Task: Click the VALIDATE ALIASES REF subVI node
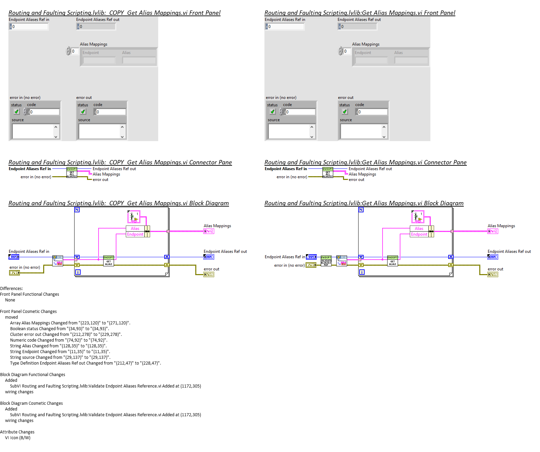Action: (x=326, y=261)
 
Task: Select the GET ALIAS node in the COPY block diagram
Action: (x=108, y=261)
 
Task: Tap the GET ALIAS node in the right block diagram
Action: (x=392, y=261)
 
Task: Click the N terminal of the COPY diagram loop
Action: (x=77, y=210)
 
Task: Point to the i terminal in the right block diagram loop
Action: (x=362, y=272)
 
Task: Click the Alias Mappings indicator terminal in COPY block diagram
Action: (x=209, y=231)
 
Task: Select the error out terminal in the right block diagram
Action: (x=493, y=274)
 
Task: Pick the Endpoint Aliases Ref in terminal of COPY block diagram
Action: (x=14, y=257)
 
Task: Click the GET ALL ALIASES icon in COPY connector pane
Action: (x=72, y=172)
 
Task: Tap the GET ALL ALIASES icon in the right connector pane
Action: (x=328, y=172)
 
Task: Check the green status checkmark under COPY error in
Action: (x=17, y=111)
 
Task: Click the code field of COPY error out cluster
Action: (x=111, y=112)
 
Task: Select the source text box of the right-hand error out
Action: (x=361, y=131)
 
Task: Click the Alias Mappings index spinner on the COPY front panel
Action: (x=68, y=51)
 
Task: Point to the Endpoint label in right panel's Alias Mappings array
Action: (x=363, y=53)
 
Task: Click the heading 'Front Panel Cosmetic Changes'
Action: (x=28, y=312)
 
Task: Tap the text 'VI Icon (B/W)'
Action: (x=18, y=438)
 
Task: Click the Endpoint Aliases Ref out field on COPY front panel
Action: (x=97, y=26)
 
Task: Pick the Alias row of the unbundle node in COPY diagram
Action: (x=135, y=229)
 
